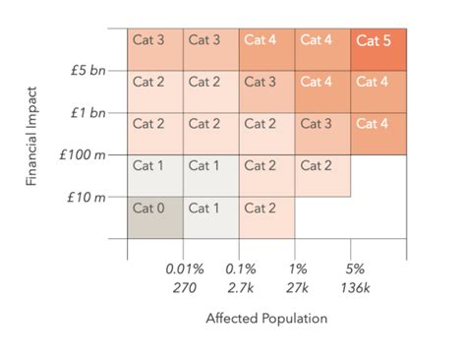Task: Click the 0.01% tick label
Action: (184, 269)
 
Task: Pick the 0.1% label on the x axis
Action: (240, 269)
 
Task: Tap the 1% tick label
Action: (297, 269)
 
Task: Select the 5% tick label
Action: (352, 269)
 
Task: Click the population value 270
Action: (184, 287)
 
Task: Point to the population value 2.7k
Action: (240, 287)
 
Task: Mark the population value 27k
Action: (297, 287)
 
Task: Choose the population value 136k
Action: (352, 287)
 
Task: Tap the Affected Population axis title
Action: (265, 319)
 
